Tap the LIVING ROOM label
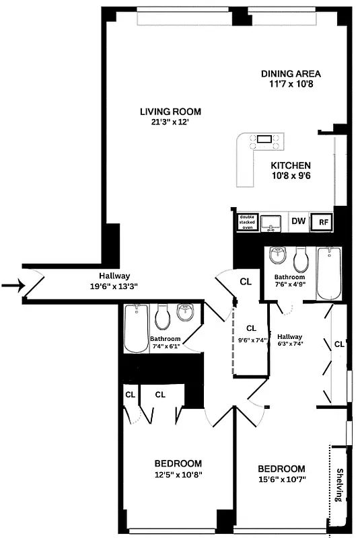tap(170, 112)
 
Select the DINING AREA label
tap(290, 74)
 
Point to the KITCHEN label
tap(290, 165)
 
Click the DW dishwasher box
tap(298, 221)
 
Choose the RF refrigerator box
tap(323, 221)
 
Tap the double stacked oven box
tap(247, 221)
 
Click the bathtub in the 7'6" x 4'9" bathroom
tap(329, 274)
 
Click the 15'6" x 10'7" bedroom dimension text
tap(281, 480)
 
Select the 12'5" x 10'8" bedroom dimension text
tap(178, 475)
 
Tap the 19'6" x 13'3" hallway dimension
tap(114, 286)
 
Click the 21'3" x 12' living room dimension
tap(170, 122)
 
